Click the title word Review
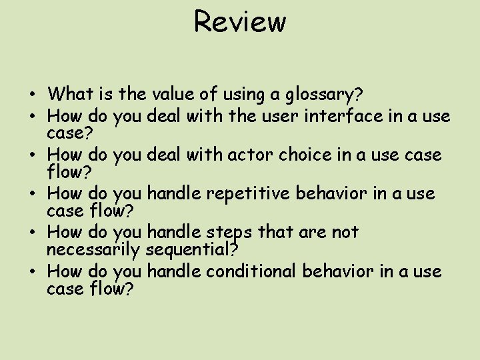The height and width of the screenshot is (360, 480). (240, 21)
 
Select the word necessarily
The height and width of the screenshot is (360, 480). (93, 250)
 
